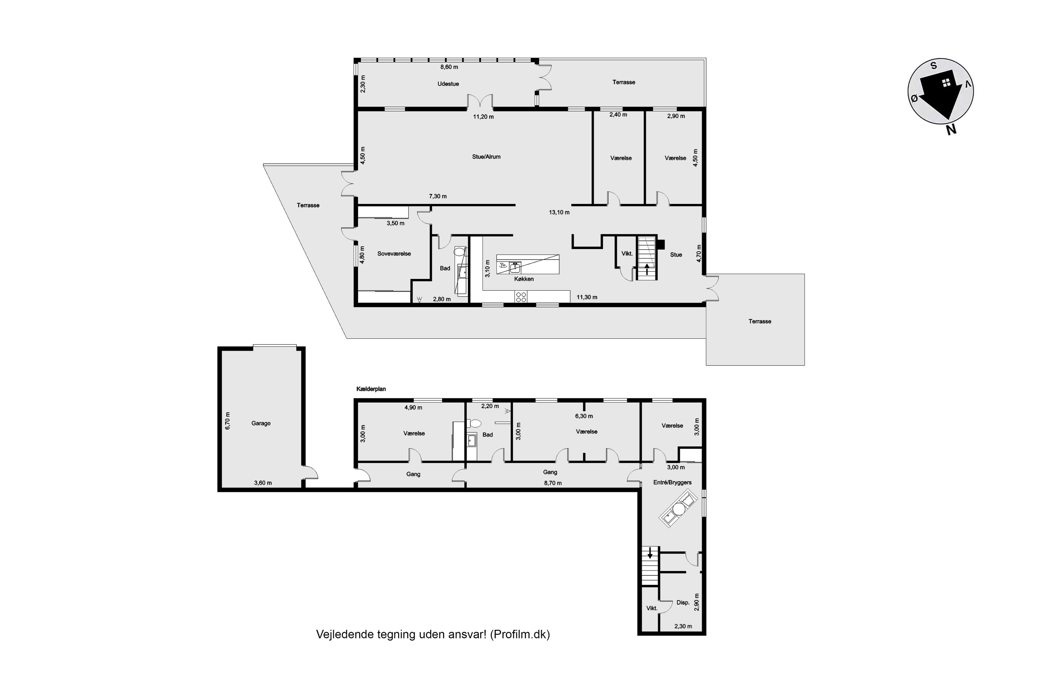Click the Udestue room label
tap(448, 84)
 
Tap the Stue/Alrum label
tap(486, 157)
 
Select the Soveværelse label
tap(394, 254)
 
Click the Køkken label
tap(524, 279)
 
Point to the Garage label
tap(261, 423)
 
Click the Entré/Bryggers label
tap(672, 482)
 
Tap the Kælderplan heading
tap(371, 389)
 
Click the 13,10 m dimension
tap(559, 212)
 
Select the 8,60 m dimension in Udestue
tap(449, 67)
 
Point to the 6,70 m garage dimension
tap(228, 421)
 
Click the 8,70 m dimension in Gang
tap(553, 483)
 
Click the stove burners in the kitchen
tap(521, 297)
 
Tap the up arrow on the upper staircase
tap(647, 269)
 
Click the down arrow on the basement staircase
tap(650, 553)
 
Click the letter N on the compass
tap(951, 129)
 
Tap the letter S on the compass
tap(934, 66)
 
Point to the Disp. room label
tap(683, 602)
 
